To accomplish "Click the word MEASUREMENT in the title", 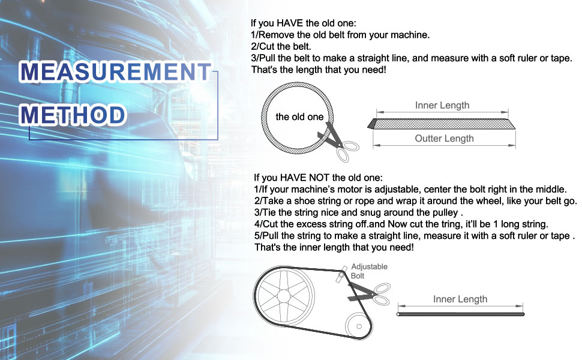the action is (x=115, y=71).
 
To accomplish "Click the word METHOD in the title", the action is (x=73, y=115).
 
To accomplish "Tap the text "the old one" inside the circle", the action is (x=299, y=117).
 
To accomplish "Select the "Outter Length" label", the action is (x=444, y=139).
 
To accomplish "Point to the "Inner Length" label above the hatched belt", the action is (x=442, y=106).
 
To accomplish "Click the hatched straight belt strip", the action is (x=442, y=124).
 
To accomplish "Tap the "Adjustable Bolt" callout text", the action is (x=369, y=271).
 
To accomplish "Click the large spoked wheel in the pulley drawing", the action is (x=284, y=296).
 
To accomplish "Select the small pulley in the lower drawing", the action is (x=359, y=326).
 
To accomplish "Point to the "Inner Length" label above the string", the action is (x=460, y=299).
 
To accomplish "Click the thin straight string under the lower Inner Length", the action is (x=460, y=314).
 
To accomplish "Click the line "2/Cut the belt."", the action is (x=281, y=46).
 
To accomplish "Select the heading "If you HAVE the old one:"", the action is (x=303, y=23).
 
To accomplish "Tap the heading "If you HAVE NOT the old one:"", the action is (x=318, y=178).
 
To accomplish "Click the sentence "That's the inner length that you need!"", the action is (x=334, y=247).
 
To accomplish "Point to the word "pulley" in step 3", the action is (x=445, y=212).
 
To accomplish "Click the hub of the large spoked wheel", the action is (x=284, y=296).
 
